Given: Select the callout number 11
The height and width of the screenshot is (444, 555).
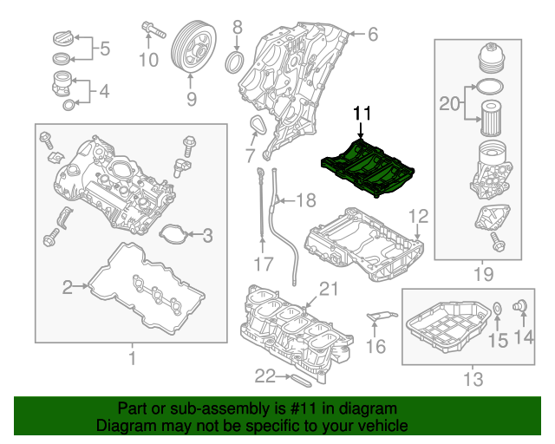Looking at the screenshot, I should [361, 114].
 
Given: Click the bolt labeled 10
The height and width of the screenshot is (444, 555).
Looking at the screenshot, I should [153, 30].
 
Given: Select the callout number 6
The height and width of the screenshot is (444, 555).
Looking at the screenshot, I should [373, 35].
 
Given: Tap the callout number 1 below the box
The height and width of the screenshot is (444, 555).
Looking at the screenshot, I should [132, 357].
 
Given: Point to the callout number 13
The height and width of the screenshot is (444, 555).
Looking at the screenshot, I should [472, 378].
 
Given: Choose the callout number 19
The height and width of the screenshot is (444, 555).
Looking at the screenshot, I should [483, 274].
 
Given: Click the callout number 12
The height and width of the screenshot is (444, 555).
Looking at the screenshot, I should [418, 215].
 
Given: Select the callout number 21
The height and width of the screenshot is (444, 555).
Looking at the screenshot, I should [326, 289].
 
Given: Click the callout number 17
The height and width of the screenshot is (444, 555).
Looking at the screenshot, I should [263, 263].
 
